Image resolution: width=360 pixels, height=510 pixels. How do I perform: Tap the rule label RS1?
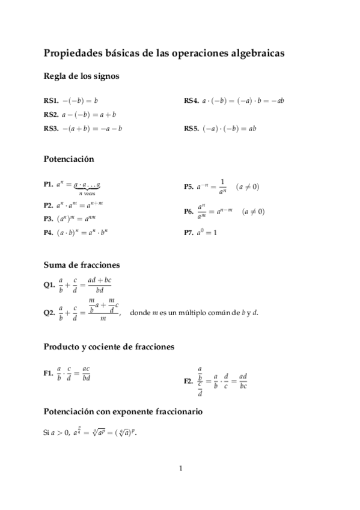pos(50,100)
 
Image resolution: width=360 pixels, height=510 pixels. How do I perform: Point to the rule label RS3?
pos(50,128)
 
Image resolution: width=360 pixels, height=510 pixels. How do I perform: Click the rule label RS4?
pos(191,100)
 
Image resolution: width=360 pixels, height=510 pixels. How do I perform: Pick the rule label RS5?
pos(191,128)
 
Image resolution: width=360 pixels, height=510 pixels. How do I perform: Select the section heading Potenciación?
pos(69,159)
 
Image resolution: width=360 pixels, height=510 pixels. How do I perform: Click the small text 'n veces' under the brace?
pos(87,194)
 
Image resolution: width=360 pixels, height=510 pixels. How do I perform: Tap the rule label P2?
pos(48,205)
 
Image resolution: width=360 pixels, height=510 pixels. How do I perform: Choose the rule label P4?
pos(48,233)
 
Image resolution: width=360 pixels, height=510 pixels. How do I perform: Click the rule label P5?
pos(189,187)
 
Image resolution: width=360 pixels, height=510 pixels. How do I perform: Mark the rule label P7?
pos(189,233)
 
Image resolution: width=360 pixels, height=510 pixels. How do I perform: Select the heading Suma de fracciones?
pos(82,264)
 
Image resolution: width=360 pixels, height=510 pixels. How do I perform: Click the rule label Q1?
pos(49,285)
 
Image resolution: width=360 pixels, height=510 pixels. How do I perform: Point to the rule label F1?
pos(48,373)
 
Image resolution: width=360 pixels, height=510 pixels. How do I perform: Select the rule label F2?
pos(189,380)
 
